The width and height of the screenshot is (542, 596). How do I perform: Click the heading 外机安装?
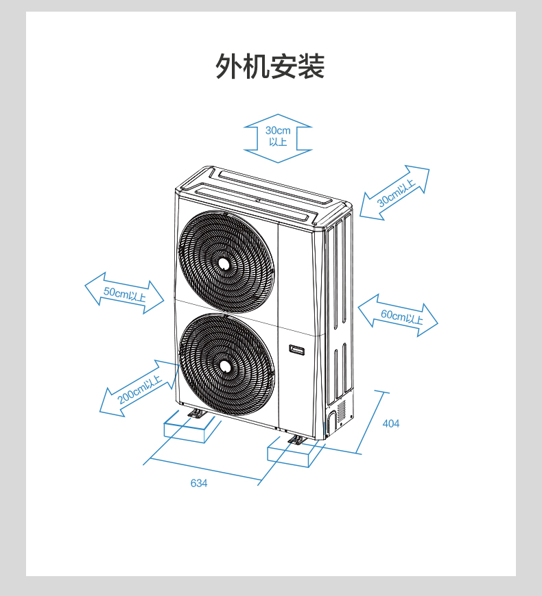click(x=270, y=66)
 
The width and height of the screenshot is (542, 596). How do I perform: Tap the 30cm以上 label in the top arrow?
click(x=278, y=136)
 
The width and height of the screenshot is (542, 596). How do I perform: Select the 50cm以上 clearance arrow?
click(x=124, y=294)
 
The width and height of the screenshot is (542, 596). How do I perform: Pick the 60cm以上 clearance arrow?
click(x=399, y=316)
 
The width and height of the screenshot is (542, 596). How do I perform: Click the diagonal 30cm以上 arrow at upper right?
click(x=394, y=193)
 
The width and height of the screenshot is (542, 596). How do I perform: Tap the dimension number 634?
click(x=199, y=483)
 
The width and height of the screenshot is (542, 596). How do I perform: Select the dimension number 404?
click(x=390, y=423)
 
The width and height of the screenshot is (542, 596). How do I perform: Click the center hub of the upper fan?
click(x=224, y=262)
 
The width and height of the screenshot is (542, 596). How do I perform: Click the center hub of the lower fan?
click(x=224, y=366)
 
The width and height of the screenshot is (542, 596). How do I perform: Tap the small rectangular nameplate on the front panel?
click(x=298, y=349)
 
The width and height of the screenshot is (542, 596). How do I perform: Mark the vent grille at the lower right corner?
click(x=341, y=412)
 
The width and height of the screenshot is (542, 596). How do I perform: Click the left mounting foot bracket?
click(x=196, y=414)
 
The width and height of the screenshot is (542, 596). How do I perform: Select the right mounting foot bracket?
click(x=297, y=440)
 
